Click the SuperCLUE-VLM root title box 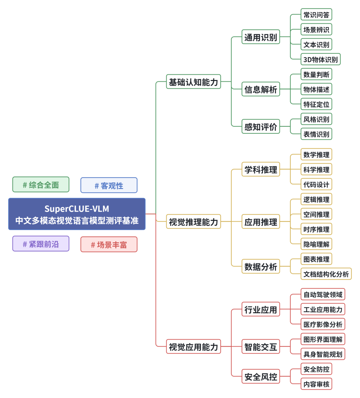click(x=77, y=214)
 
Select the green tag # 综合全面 click(x=41, y=185)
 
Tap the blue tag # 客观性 click(x=109, y=185)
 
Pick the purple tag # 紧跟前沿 click(x=41, y=244)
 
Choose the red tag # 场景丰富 click(x=109, y=245)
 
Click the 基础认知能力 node click(x=193, y=82)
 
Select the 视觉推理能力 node click(x=193, y=222)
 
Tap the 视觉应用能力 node click(x=193, y=347)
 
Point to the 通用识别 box click(x=261, y=37)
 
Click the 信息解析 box click(x=261, y=89)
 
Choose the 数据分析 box click(x=261, y=267)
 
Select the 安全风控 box click(x=261, y=377)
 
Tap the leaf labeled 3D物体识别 click(x=320, y=59)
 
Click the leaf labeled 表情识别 click(x=316, y=134)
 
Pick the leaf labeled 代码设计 click(x=316, y=184)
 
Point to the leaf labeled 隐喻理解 click(x=316, y=244)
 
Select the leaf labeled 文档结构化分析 click(x=326, y=274)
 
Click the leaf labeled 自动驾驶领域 click(x=323, y=294)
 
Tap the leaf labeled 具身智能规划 click(x=323, y=354)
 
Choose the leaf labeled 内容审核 click(x=316, y=384)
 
